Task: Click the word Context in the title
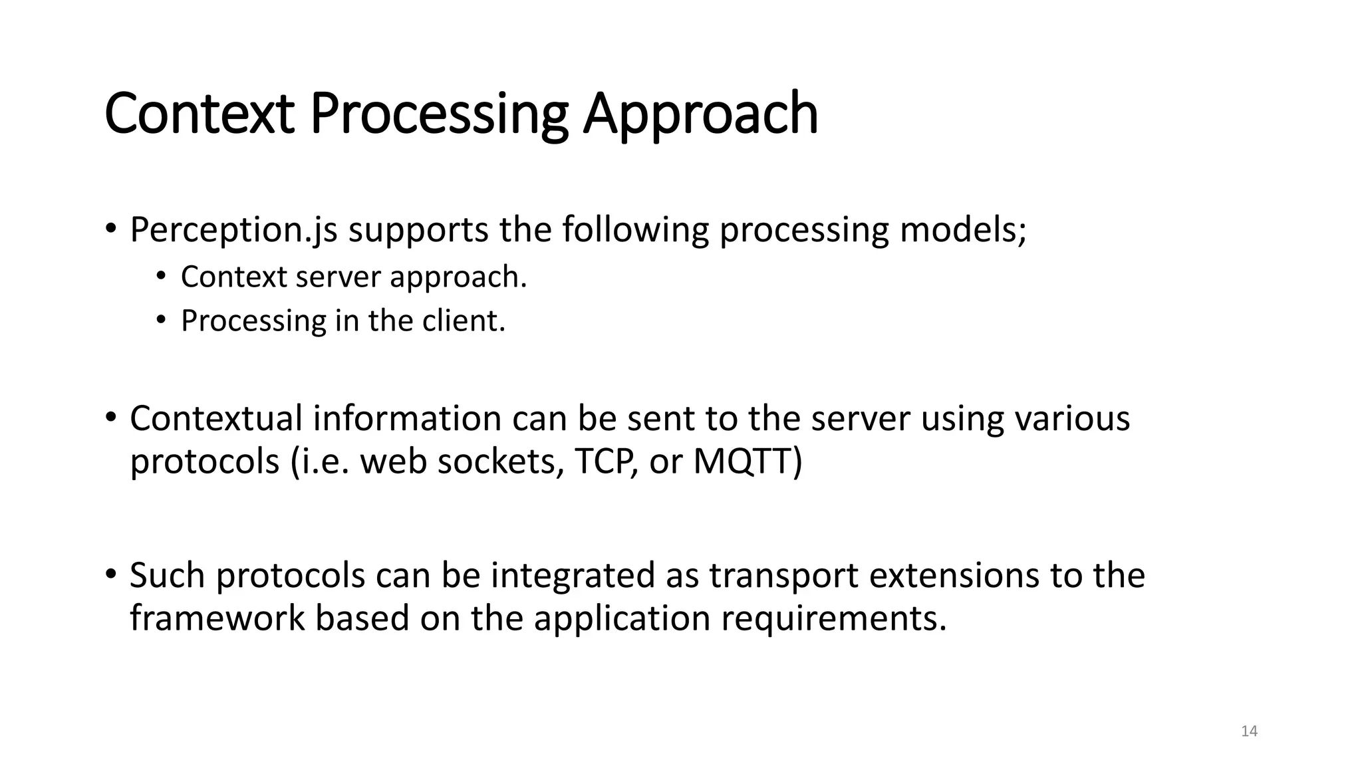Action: tap(199, 114)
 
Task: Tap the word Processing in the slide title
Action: tap(439, 114)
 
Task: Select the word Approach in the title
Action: tap(700, 114)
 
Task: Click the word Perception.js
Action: tap(233, 230)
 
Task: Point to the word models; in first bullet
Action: tap(963, 230)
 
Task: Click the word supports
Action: tap(418, 230)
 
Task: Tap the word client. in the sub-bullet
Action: tap(464, 320)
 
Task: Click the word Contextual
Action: tap(215, 419)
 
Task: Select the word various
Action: tap(1071, 419)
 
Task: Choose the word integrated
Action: tap(573, 575)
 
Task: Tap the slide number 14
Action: tap(1249, 731)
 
